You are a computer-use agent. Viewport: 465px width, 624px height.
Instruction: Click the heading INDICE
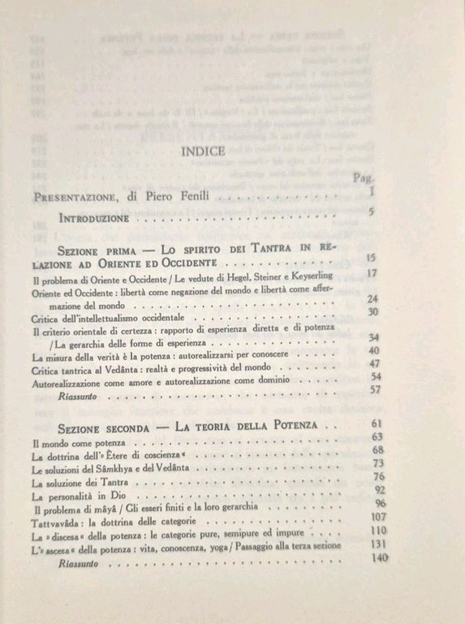tap(210, 151)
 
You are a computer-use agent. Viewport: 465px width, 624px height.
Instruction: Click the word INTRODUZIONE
tap(94, 219)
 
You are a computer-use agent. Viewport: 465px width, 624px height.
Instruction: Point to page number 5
tap(370, 214)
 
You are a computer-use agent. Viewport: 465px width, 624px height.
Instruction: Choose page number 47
tap(374, 364)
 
